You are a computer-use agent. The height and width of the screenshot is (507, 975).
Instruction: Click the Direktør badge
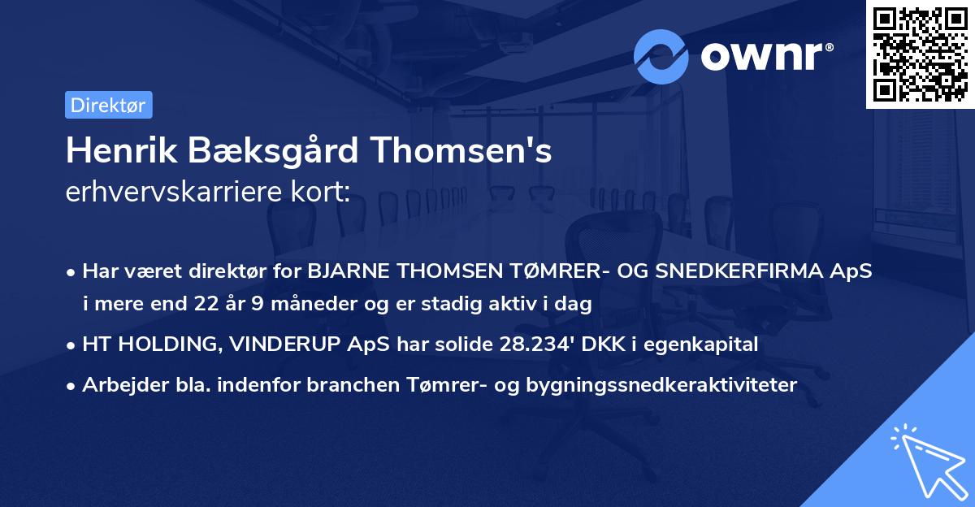click(108, 105)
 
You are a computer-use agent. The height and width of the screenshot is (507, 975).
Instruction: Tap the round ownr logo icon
click(661, 57)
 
